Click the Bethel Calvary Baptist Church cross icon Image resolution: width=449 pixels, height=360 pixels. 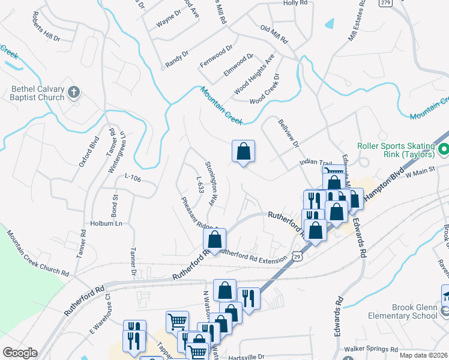pyautogui.click(x=74, y=92)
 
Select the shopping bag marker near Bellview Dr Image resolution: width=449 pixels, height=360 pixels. pyautogui.click(x=243, y=151)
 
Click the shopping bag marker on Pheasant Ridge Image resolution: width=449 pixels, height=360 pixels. pyautogui.click(x=214, y=239)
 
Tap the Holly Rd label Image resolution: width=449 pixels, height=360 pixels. pyautogui.click(x=295, y=3)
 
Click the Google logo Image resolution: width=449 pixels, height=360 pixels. pyautogui.click(x=20, y=353)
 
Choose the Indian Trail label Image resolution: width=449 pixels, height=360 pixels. pyautogui.click(x=315, y=163)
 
